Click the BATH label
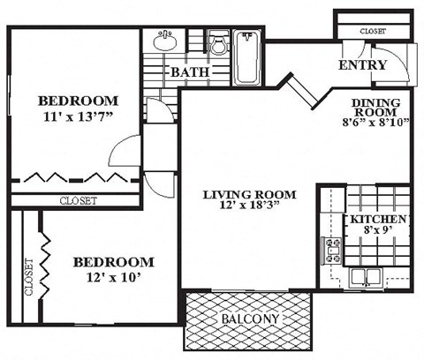[x=191, y=71]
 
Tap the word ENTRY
[x=362, y=65]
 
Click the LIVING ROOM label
[x=248, y=194]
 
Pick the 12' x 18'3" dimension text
[x=248, y=208]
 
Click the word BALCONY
[x=250, y=319]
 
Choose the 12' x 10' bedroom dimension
[x=112, y=278]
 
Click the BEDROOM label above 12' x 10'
[x=112, y=263]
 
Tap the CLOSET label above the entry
[x=373, y=31]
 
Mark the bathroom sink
[x=163, y=41]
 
